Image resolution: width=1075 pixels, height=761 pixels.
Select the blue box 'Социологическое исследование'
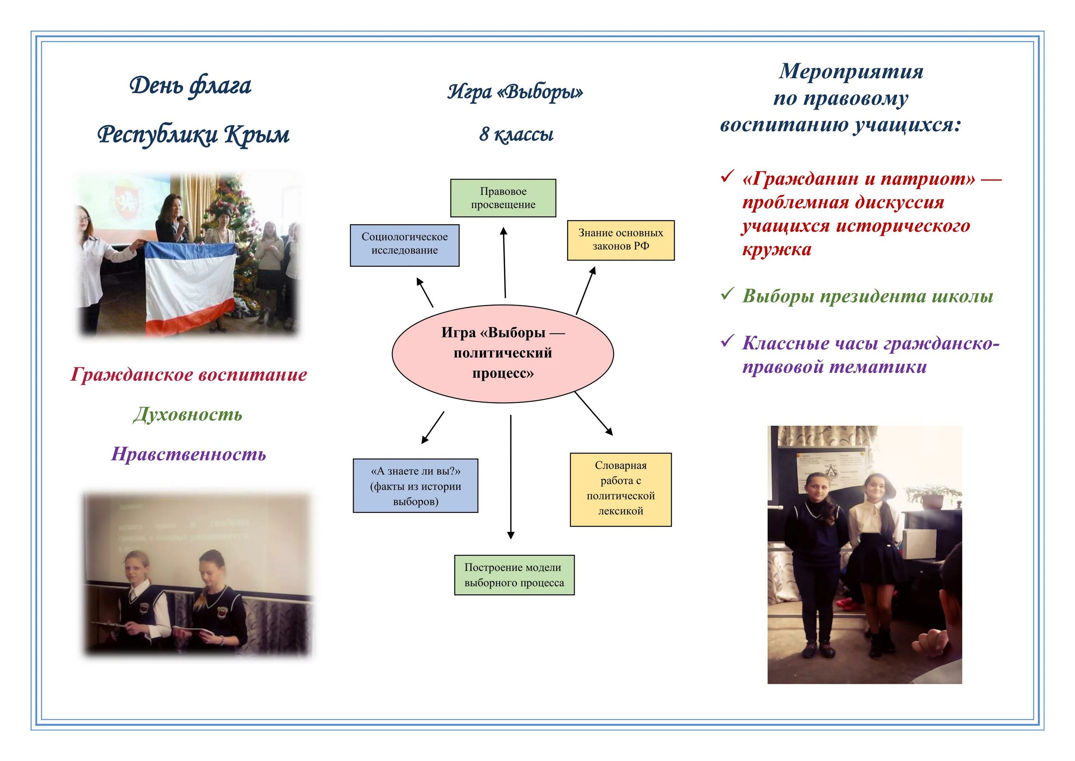(405, 245)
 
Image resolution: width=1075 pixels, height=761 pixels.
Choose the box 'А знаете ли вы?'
(415, 486)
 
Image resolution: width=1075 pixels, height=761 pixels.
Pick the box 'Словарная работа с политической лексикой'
(620, 489)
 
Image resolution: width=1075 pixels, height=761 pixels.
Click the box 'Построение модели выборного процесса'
(514, 575)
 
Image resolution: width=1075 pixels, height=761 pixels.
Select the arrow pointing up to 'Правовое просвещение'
(504, 263)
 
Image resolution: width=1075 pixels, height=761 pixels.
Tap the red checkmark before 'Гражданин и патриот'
(727, 177)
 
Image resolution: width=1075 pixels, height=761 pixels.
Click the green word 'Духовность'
(188, 414)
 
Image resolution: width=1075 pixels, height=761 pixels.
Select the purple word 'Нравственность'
(188, 454)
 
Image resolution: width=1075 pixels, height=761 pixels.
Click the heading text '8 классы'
(516, 134)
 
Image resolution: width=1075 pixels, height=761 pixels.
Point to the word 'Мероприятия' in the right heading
(851, 72)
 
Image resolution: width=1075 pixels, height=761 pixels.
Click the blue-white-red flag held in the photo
(190, 286)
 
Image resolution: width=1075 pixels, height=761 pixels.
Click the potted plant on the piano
(932, 497)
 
